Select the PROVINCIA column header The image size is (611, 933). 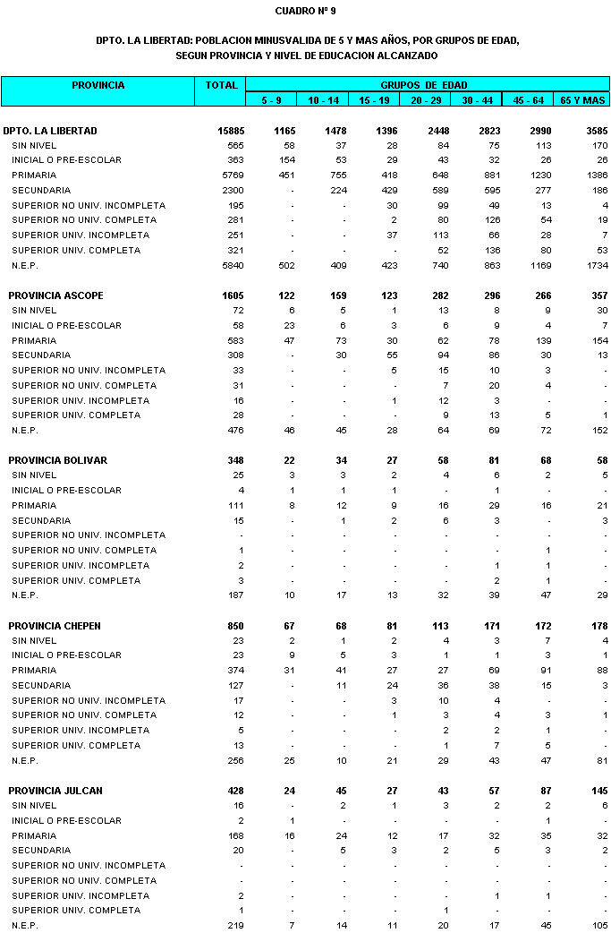98,86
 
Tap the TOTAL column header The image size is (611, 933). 221,86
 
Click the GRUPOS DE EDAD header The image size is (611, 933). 427,85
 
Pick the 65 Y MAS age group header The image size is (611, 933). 582,100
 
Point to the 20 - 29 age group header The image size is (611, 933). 425,100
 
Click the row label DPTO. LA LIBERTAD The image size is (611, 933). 50,131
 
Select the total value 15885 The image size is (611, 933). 231,131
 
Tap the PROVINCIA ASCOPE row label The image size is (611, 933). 57,295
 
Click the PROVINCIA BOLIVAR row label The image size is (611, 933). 58,460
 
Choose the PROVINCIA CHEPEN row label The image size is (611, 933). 55,626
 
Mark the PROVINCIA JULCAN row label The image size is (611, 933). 55,791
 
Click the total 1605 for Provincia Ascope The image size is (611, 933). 233,295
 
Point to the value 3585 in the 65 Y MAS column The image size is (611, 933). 596,131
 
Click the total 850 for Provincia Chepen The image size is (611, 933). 235,626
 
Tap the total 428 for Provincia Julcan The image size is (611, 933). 235,791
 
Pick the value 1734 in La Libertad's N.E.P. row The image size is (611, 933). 597,266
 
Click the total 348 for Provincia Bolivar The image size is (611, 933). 235,460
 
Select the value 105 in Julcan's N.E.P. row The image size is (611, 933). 599,925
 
